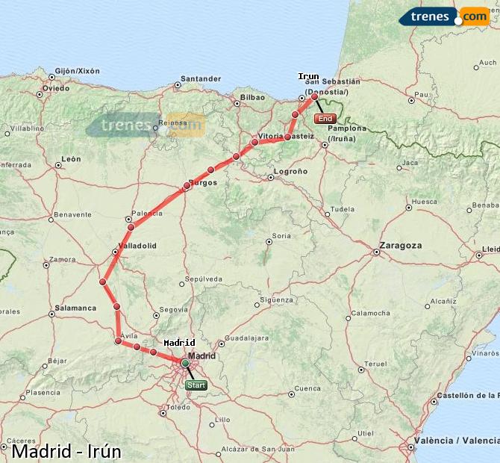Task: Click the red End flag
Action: (325, 119)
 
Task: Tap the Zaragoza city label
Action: (400, 245)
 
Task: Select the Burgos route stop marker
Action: (187, 186)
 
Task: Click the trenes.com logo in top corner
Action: (444, 16)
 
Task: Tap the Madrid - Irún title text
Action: (66, 452)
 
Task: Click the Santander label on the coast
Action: (201, 78)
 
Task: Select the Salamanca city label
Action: (75, 308)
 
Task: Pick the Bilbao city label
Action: (253, 97)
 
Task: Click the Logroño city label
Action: (291, 171)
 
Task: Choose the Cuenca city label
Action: (307, 388)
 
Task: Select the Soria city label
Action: (281, 236)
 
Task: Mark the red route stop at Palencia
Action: (131, 227)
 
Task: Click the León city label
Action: (71, 159)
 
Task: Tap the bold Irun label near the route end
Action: (308, 76)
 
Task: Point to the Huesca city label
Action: (424, 202)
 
